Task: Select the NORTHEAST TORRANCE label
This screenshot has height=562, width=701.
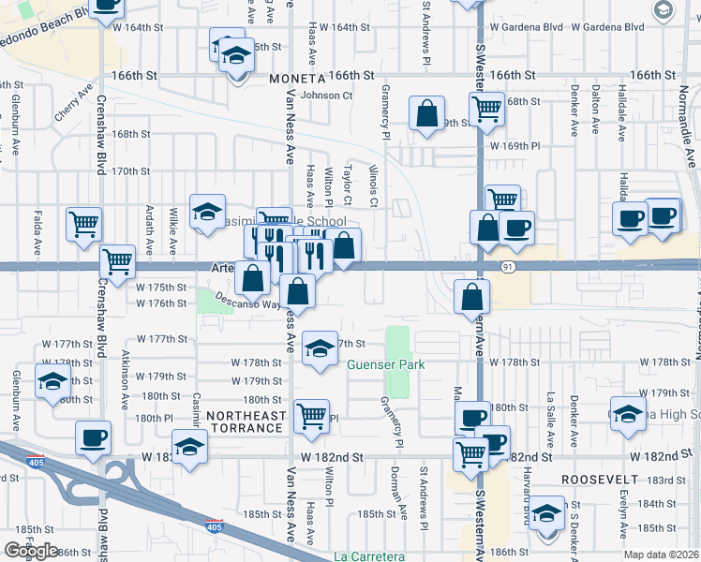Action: tap(245, 421)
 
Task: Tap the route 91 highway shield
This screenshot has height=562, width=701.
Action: tap(507, 267)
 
